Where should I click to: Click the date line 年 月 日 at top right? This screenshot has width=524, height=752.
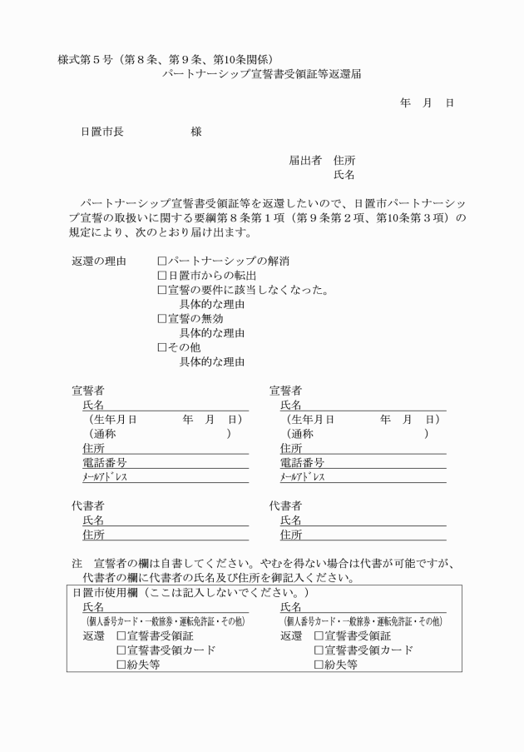426,103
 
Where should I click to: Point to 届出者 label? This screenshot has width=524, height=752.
304,160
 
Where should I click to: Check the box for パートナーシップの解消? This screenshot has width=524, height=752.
162,261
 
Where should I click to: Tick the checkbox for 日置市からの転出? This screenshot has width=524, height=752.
162,275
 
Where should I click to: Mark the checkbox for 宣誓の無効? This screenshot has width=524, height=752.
162,318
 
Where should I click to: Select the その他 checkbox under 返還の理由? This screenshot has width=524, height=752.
162,347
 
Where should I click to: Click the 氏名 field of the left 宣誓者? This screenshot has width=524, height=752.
166,405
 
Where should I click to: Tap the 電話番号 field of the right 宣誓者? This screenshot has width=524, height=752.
366,463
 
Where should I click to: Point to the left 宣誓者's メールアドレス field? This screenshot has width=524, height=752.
166,477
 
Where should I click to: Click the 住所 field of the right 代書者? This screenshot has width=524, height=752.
366,535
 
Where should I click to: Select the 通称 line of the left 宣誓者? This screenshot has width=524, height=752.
158,434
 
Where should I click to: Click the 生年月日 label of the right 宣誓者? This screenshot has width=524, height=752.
313,419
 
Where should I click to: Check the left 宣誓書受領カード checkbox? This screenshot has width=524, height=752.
121,650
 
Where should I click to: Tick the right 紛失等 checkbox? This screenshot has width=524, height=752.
319,665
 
